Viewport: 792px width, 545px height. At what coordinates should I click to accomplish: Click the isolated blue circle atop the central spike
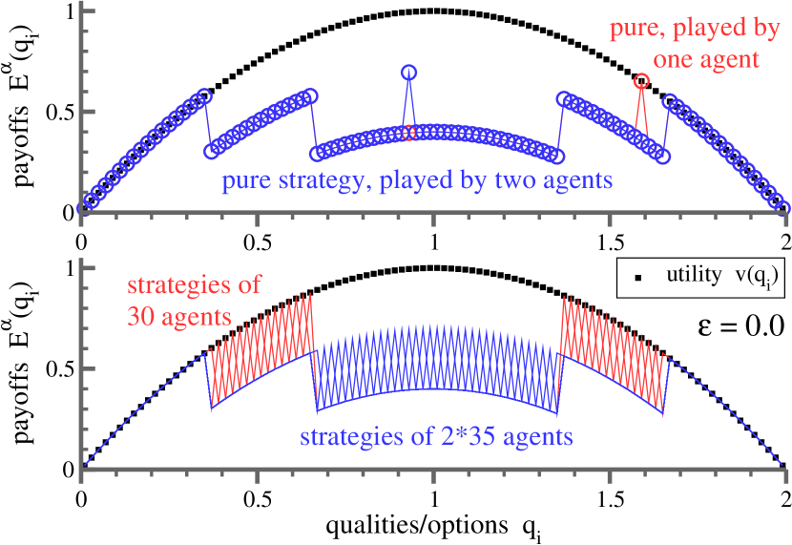tap(409, 73)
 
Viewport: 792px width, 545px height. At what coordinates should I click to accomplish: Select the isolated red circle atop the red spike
tap(641, 81)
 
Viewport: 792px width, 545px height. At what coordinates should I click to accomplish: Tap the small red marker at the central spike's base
tap(409, 133)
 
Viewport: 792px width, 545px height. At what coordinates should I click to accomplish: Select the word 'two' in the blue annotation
tap(492, 179)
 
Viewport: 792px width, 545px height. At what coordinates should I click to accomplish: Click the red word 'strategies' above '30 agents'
tap(195, 285)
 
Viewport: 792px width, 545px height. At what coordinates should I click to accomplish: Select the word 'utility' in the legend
tap(694, 276)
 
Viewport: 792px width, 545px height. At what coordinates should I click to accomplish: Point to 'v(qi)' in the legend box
tap(757, 277)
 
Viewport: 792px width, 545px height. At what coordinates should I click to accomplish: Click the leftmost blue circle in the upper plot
tap(83, 203)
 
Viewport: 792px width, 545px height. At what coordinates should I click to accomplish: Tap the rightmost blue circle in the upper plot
tap(783, 204)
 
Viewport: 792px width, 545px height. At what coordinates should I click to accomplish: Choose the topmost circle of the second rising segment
tap(309, 96)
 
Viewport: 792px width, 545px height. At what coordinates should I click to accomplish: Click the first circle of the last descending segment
tap(670, 100)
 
